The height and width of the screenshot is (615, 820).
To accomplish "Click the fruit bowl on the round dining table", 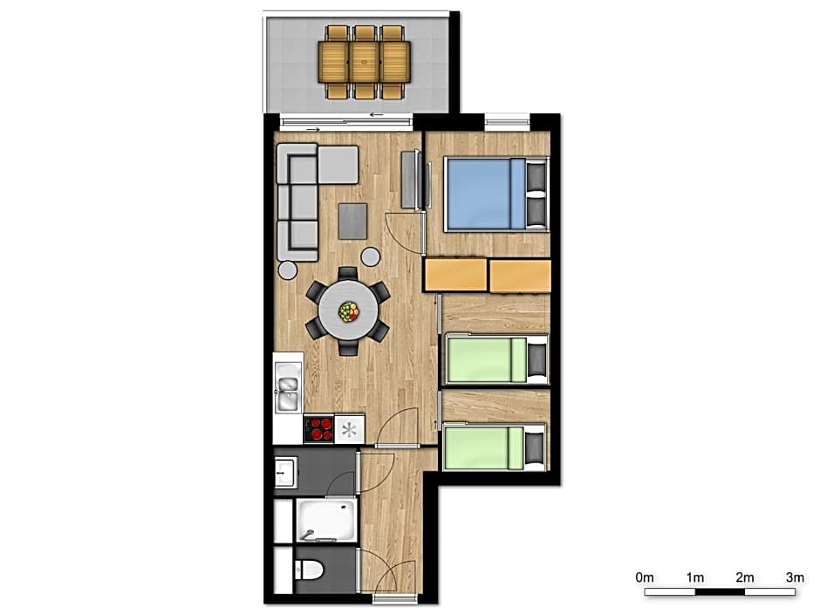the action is point(349,311).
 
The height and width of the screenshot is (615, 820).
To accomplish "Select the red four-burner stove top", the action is point(319,429).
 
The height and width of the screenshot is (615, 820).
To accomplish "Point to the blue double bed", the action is point(495,195).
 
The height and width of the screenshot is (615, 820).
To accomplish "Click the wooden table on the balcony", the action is point(365,62).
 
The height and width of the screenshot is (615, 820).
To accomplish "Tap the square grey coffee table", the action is point(352,222).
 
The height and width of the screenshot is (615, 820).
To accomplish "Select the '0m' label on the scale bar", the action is point(645,577).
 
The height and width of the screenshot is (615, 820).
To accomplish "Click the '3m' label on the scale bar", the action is point(795,577).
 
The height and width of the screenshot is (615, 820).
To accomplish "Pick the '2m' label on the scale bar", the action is point(745,577).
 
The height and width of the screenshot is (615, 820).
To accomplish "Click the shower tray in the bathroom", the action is point(326,520).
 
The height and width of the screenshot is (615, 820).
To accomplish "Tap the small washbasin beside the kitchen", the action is point(286,472).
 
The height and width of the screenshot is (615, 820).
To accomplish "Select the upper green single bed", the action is point(495,359).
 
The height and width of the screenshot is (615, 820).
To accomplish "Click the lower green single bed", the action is point(495,448).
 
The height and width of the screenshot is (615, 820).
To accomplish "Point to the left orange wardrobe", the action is point(455,275).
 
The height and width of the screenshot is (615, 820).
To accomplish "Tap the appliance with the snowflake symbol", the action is point(349,429).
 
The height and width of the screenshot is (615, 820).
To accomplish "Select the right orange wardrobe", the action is point(520,276).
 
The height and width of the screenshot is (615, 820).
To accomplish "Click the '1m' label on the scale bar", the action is point(695,577).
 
